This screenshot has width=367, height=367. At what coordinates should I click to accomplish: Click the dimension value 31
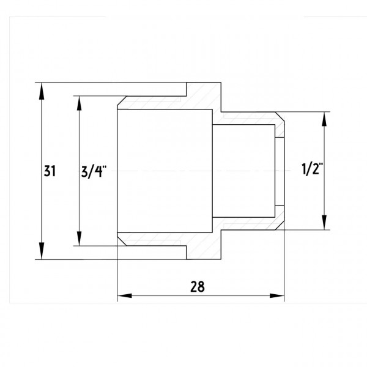pos(50,171)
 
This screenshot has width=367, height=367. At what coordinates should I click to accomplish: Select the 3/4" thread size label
pos(94,171)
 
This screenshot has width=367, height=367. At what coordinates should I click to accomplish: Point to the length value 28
pos(198,286)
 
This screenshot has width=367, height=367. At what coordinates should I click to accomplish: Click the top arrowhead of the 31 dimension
pos(42,91)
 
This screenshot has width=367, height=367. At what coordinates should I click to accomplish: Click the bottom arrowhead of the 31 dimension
pos(42,251)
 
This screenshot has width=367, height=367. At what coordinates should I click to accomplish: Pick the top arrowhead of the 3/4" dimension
pos(79,103)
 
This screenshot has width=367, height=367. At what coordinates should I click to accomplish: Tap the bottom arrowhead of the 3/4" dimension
pos(79,239)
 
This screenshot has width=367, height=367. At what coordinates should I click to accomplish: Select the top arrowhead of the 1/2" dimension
pos(324,119)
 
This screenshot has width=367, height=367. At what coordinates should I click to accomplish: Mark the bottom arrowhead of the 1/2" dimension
pos(324,223)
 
